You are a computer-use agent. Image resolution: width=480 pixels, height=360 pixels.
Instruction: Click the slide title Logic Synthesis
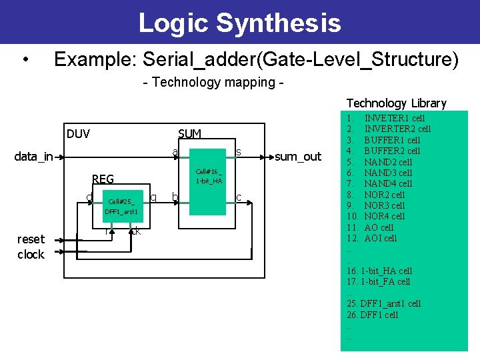239,23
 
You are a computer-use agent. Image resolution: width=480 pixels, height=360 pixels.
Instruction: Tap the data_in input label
34,157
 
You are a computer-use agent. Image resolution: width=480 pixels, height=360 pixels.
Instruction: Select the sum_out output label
297,157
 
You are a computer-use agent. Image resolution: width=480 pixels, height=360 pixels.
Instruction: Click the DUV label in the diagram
78,134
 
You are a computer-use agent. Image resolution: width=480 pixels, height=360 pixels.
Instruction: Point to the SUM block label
190,134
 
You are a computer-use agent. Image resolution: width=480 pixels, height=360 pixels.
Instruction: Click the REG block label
103,179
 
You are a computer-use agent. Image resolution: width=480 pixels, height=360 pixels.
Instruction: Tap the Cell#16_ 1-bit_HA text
209,176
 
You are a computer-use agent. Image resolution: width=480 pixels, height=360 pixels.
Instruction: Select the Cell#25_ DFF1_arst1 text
121,207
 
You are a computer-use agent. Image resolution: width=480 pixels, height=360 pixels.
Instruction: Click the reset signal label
31,239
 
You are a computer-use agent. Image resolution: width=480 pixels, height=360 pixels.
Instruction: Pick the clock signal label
31,255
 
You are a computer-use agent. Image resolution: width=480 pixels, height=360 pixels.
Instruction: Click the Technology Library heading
396,103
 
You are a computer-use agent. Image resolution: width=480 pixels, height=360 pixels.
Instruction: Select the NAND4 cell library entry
388,183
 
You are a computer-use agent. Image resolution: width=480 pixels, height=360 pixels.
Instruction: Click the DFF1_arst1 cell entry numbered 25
384,303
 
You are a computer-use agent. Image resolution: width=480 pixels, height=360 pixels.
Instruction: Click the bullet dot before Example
25,61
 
